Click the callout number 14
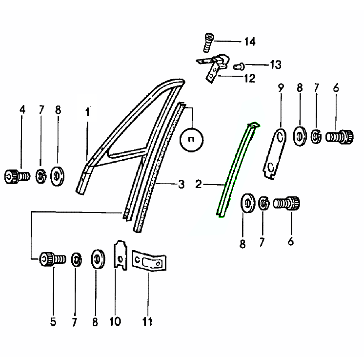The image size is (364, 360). (250, 42)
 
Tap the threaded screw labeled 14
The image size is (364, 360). (208, 43)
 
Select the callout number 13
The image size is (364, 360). (276, 64)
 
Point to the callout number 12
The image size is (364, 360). (250, 78)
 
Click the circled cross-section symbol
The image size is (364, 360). (192, 140)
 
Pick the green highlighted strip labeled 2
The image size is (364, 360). (238, 169)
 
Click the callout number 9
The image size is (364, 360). (281, 88)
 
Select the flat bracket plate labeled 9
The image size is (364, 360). (275, 153)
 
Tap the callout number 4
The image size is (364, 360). (22, 109)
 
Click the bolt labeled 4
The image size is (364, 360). (17, 176)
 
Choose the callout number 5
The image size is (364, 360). (53, 321)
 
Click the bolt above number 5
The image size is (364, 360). (53, 259)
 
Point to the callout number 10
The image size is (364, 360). (115, 321)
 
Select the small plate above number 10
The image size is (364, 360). (120, 255)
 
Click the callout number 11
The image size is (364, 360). (147, 321)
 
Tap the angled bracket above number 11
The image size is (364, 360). (149, 260)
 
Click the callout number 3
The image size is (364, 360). (182, 184)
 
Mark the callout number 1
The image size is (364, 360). (87, 112)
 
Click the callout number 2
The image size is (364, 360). (199, 184)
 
